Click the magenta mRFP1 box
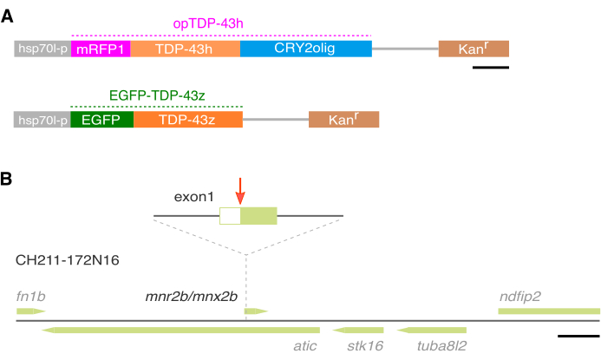(101, 49)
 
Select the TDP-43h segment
(186, 49)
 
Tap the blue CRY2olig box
(305, 49)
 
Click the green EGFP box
(101, 120)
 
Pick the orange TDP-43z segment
(188, 120)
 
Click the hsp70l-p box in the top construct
(42, 49)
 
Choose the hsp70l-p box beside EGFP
(42, 120)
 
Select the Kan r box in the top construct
(474, 49)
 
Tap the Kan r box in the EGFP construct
(343, 120)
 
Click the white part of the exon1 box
(230, 216)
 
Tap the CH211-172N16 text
(68, 259)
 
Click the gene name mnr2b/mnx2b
(192, 295)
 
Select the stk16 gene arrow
(358, 330)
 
